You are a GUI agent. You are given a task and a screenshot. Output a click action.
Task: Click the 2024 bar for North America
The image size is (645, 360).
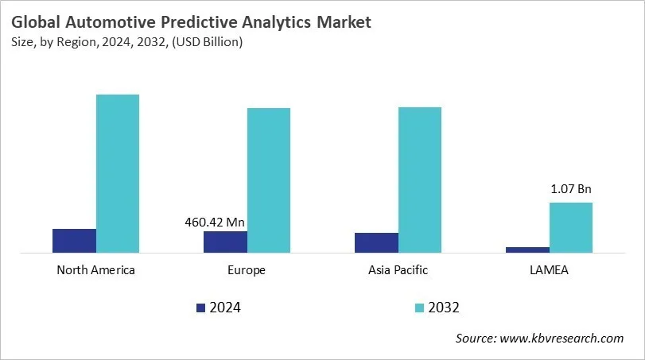[74, 241]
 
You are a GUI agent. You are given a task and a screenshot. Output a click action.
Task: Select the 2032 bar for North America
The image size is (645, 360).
[118, 173]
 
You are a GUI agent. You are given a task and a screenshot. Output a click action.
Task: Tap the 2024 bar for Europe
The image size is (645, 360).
[225, 242]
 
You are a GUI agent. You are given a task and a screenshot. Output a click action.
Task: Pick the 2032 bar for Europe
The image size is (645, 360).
[269, 180]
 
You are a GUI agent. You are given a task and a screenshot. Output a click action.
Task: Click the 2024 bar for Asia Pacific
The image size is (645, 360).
[376, 243]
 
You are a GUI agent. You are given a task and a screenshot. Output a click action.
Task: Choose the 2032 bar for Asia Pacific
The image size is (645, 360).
[420, 180]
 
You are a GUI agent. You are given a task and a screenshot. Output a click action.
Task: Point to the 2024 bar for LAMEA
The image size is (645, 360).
[527, 250]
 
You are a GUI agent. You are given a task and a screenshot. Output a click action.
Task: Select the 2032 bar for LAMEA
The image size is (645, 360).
[571, 227]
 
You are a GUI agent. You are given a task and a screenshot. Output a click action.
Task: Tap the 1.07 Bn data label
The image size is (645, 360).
[571, 189]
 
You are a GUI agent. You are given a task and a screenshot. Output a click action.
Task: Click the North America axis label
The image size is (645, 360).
[96, 270]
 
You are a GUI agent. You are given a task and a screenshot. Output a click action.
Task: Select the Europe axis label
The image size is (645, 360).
[247, 270]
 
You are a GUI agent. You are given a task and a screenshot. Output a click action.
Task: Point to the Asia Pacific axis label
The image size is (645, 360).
[398, 270]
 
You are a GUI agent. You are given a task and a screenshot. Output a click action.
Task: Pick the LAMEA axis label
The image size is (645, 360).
[549, 270]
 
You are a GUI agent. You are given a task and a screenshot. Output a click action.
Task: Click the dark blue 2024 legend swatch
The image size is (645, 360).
[200, 308]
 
